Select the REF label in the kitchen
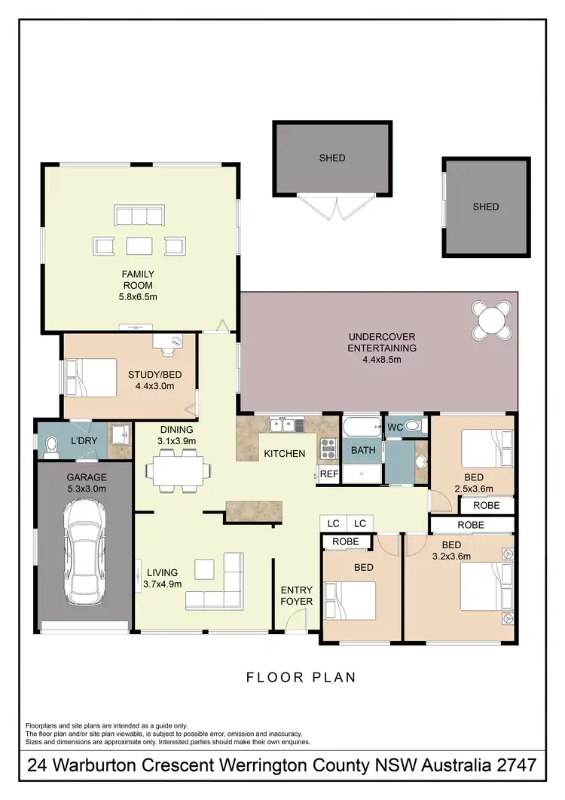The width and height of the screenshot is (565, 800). [328, 474]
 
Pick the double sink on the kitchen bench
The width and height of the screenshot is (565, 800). [284, 425]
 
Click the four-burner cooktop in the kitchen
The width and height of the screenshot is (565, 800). [328, 449]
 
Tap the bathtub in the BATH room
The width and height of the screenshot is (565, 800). [362, 427]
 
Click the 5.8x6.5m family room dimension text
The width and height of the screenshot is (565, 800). [139, 297]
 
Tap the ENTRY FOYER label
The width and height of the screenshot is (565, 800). [296, 596]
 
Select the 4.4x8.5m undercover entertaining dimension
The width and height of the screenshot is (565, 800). [382, 360]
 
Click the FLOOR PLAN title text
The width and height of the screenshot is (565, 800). [301, 677]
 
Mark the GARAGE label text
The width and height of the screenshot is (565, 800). [87, 477]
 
